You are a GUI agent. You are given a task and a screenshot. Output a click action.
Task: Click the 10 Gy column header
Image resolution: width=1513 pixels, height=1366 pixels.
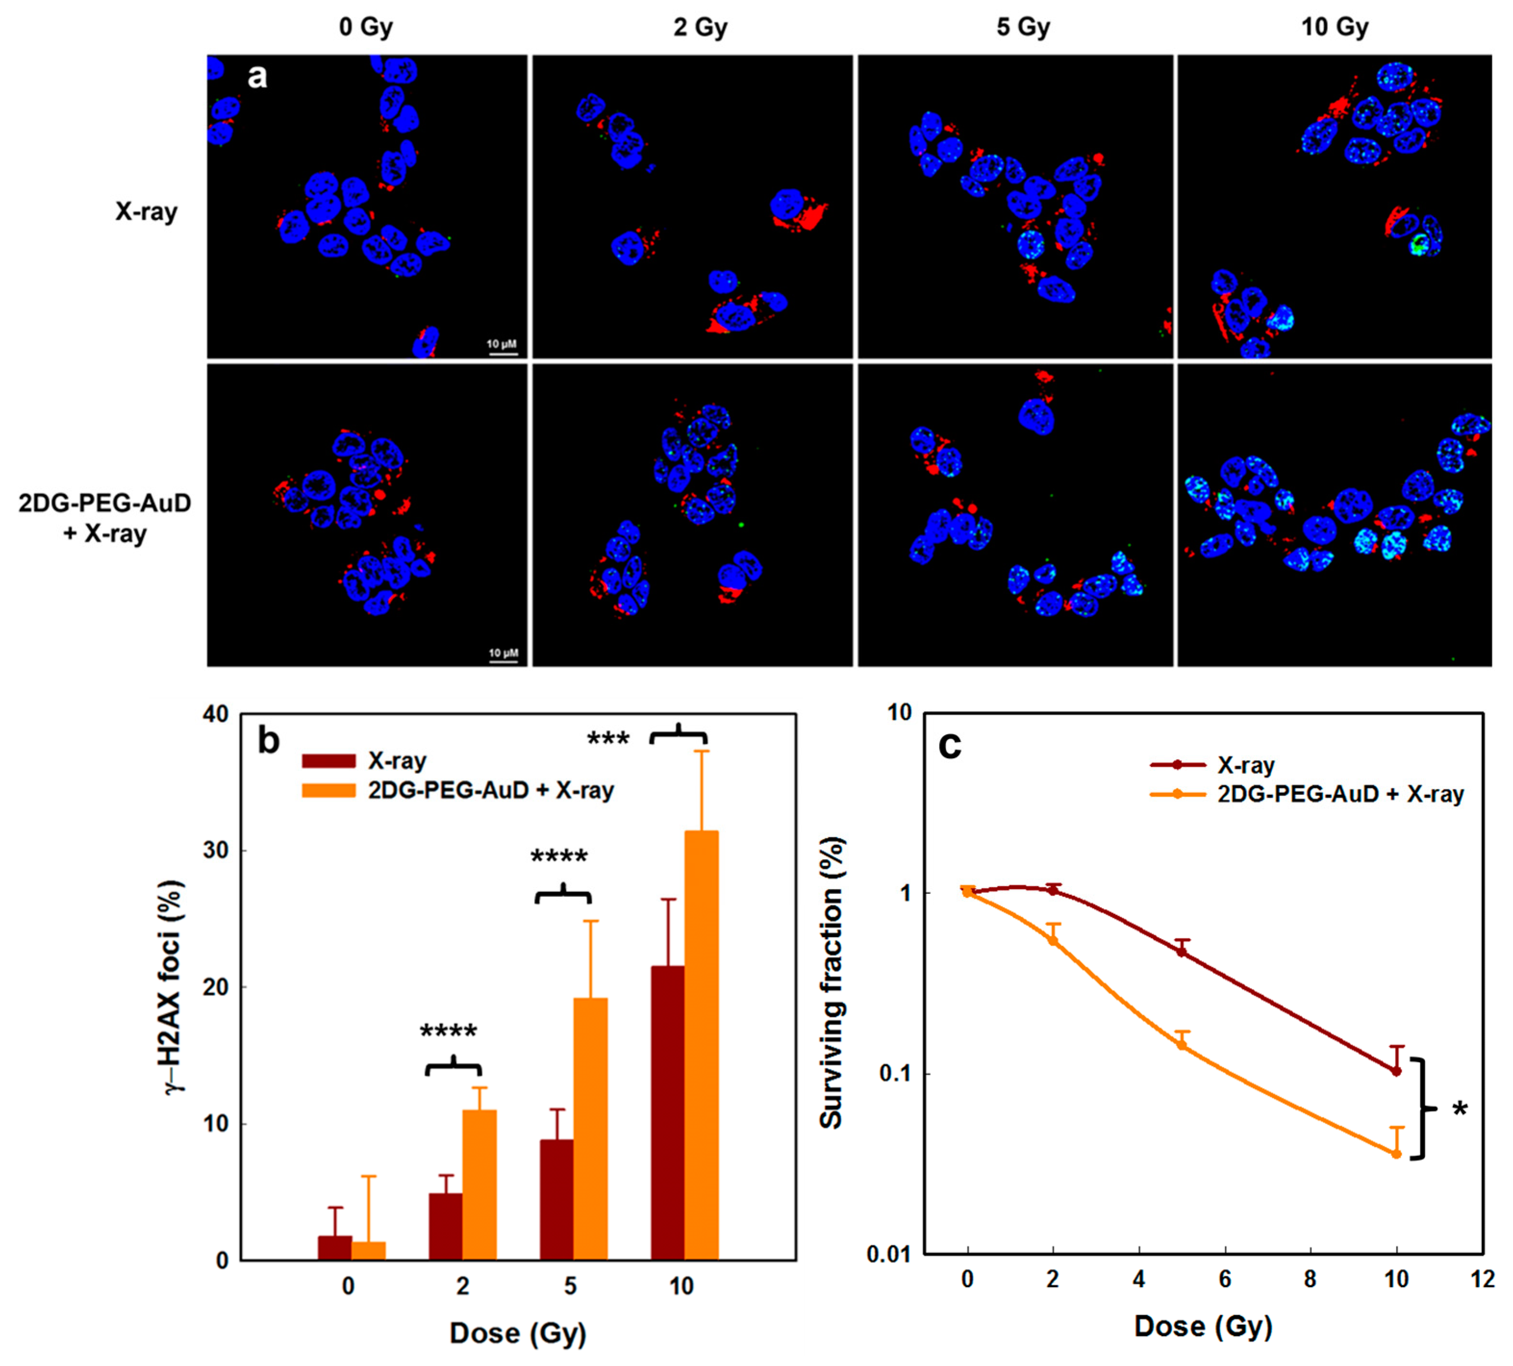click(x=1334, y=27)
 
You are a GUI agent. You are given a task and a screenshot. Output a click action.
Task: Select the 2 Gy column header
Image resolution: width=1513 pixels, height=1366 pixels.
click(x=700, y=27)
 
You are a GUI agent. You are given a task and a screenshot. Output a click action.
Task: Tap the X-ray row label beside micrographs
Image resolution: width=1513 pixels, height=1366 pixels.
click(x=146, y=211)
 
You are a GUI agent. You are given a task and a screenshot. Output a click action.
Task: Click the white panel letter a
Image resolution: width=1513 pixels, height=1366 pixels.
click(x=257, y=76)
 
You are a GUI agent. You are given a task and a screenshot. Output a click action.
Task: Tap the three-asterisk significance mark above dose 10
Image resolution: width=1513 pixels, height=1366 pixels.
click(x=608, y=739)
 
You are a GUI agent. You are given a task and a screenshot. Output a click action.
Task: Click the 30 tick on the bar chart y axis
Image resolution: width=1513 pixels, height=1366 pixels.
click(x=216, y=851)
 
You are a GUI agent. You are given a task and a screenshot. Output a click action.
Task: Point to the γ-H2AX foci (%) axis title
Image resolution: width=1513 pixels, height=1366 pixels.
click(x=174, y=987)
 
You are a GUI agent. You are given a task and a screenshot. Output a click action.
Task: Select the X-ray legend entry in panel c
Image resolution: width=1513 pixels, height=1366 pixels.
click(x=1245, y=765)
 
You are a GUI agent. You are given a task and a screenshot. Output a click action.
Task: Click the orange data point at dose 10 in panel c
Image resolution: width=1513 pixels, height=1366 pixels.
click(x=1396, y=1154)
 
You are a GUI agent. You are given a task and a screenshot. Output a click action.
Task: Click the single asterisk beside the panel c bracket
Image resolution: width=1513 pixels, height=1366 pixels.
click(x=1460, y=1109)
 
